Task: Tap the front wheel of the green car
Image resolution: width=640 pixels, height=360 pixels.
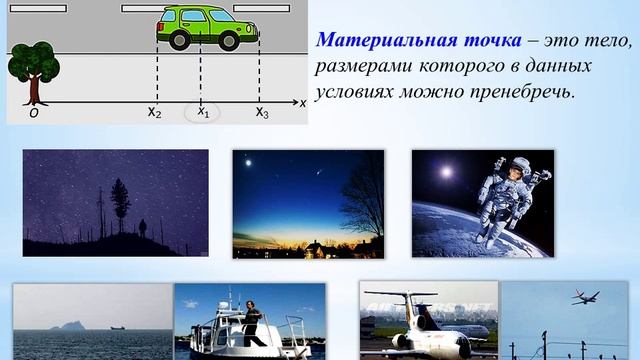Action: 231,40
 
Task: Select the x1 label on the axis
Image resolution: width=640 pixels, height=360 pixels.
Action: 203,112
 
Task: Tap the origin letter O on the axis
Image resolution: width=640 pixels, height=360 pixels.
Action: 33,113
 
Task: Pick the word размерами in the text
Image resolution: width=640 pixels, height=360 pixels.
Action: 361,66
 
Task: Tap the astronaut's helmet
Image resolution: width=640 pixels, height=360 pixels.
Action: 511,172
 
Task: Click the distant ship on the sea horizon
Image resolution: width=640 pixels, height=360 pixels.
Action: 116,327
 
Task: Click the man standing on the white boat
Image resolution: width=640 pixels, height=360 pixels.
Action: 252,322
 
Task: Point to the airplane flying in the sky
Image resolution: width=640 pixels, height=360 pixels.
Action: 585,297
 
